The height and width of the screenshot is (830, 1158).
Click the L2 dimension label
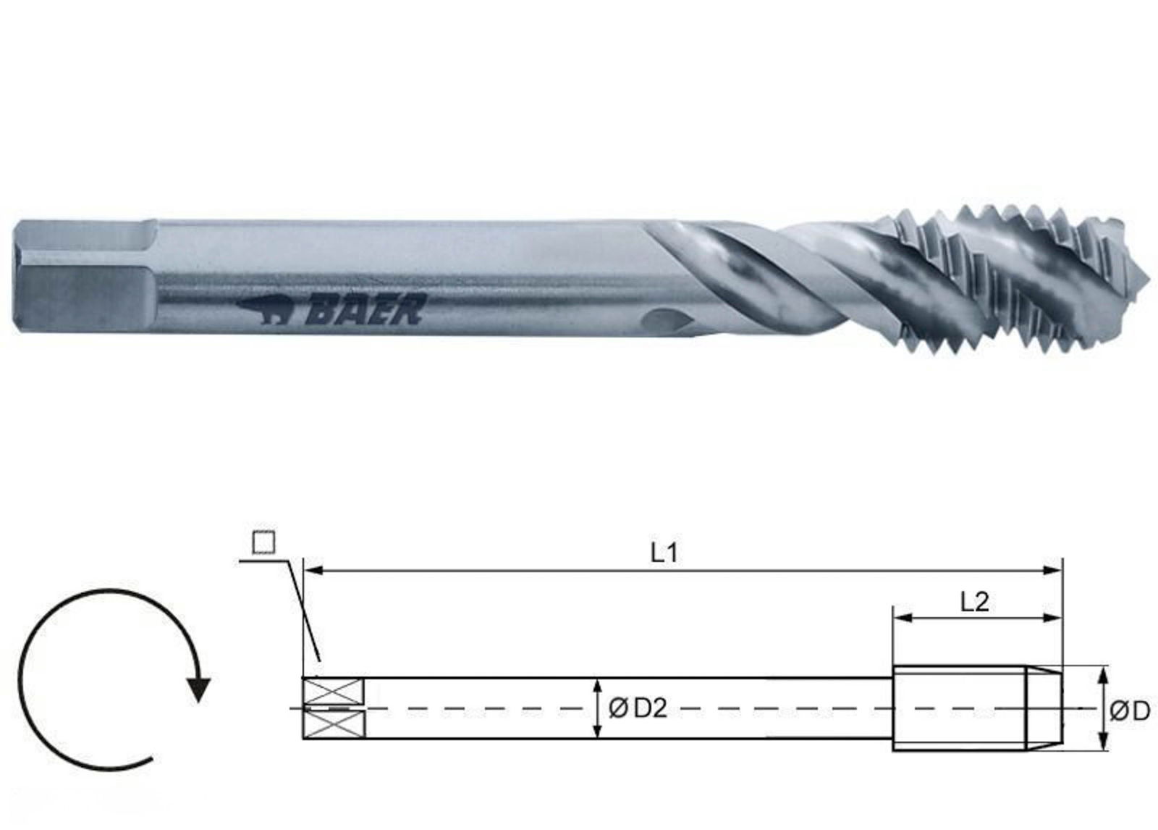[974, 602]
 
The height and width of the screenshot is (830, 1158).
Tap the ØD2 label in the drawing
[637, 709]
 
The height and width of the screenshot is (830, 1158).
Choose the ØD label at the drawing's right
[1129, 711]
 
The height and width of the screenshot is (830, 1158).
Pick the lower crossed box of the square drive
[333, 725]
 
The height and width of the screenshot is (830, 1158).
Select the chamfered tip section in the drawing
[1044, 708]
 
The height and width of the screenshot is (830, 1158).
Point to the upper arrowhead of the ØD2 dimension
[596, 685]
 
